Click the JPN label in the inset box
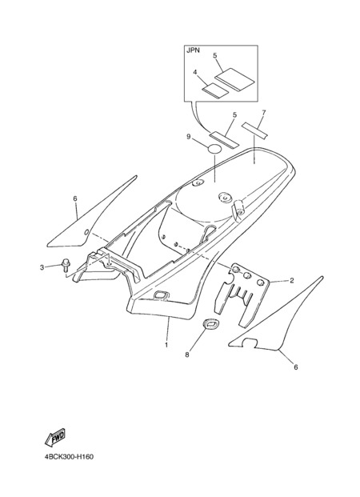click(193, 50)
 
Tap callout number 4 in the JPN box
click(195, 72)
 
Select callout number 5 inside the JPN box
click(215, 56)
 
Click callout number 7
click(264, 113)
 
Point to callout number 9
click(188, 137)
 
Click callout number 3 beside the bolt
click(42, 268)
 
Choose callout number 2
click(292, 281)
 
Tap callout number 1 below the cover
click(166, 345)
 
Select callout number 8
click(187, 355)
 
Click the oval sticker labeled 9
click(214, 149)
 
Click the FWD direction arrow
click(55, 438)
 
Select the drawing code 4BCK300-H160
click(69, 457)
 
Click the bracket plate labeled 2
click(243, 295)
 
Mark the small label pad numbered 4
click(215, 90)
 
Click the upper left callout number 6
click(75, 198)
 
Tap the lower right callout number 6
click(296, 367)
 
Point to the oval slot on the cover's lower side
click(161, 295)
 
